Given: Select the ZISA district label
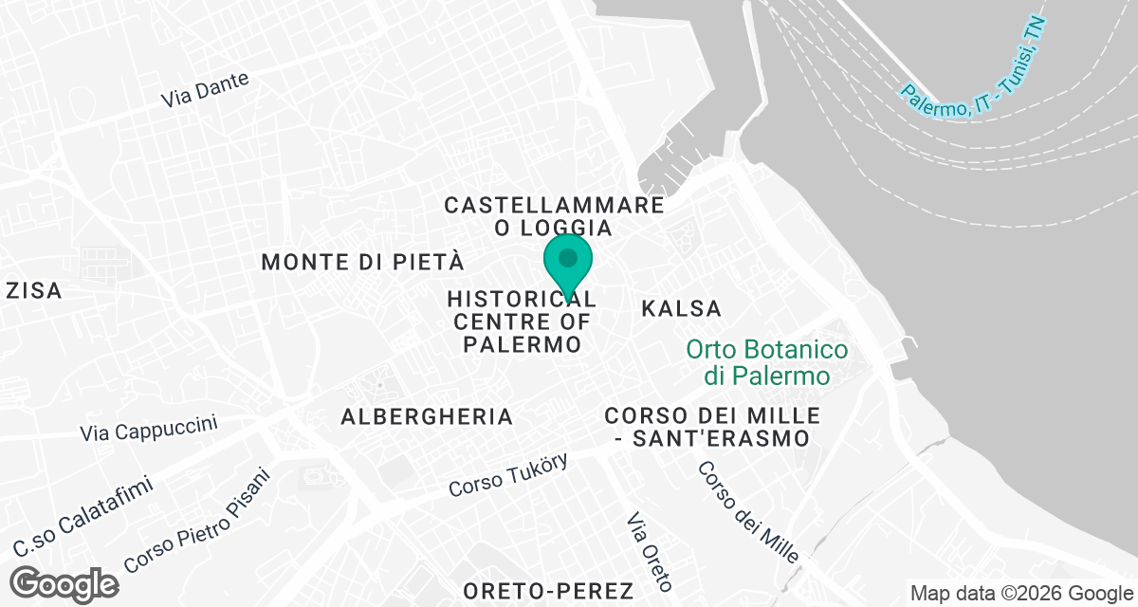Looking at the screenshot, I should pos(33,291).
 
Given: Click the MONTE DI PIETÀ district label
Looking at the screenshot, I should pos(363,262).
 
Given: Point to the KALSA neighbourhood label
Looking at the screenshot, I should pos(681,308).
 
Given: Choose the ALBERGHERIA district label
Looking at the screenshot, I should pos(427,416).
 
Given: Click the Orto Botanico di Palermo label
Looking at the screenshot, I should pos(767,362).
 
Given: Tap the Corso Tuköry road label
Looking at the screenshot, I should pos(508,475).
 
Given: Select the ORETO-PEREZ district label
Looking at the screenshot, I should pos(535,590).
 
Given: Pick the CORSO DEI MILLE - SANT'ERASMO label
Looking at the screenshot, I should pos(711,427).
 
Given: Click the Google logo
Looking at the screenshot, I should pos(65,583).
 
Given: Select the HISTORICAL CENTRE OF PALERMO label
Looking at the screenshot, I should pos(521,322).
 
